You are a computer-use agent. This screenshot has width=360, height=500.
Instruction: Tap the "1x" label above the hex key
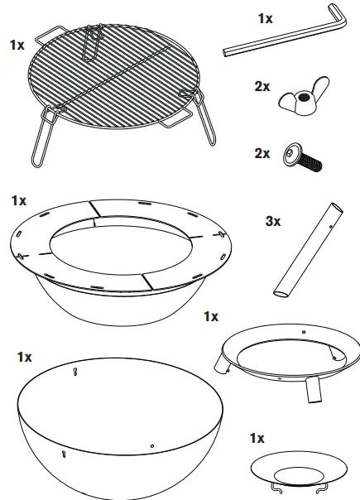click(x=265, y=17)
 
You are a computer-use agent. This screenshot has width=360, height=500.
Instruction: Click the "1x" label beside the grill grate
click(x=17, y=45)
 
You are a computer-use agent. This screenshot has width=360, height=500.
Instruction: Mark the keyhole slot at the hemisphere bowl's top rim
click(x=75, y=372)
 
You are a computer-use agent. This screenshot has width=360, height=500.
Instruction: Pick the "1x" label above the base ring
click(x=211, y=316)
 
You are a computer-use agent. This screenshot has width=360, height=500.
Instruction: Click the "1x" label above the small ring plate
click(x=257, y=437)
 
